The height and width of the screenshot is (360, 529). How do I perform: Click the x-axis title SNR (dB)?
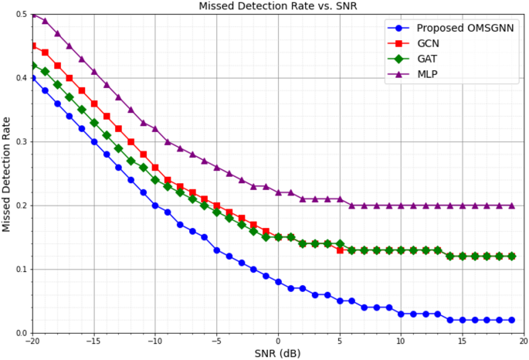pyautogui.click(x=278, y=352)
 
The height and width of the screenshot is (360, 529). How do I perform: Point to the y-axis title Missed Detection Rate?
pyautogui.click(x=7, y=174)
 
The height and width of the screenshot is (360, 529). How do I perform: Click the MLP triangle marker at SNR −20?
pyautogui.click(x=32, y=15)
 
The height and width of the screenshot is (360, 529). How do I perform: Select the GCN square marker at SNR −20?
pyautogui.click(x=32, y=46)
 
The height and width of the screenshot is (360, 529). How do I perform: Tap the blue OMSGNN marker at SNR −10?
pyautogui.click(x=155, y=205)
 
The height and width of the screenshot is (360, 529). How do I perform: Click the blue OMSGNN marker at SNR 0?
pyautogui.click(x=278, y=282)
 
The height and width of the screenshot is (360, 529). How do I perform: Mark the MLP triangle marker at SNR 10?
pyautogui.click(x=401, y=205)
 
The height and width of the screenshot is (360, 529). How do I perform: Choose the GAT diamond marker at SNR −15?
pyautogui.click(x=94, y=123)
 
